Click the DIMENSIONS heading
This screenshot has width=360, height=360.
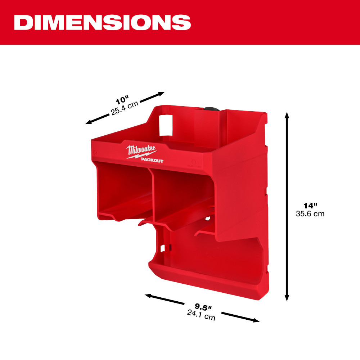[x=103, y=22]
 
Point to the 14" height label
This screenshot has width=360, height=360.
[x=310, y=206]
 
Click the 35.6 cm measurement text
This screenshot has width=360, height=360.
[x=310, y=214]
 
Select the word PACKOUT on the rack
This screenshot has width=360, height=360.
[x=152, y=161]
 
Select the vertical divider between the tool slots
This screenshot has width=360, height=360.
[x=153, y=194]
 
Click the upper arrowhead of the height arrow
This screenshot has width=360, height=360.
[x=287, y=115]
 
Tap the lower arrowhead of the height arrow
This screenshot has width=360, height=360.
[x=287, y=298]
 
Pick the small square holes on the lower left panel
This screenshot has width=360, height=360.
[x=163, y=248]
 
